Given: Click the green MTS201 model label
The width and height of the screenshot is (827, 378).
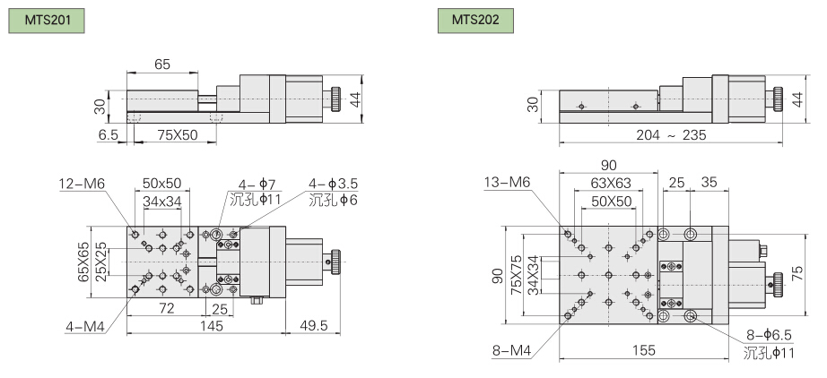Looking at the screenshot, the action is [47, 21].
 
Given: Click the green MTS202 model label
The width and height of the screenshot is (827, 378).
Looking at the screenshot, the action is [475, 21].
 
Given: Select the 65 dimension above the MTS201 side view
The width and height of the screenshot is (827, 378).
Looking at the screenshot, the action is [162, 64].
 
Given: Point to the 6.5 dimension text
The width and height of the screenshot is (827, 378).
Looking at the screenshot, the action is [109, 135].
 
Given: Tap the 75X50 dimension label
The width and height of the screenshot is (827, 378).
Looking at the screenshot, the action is [175, 135].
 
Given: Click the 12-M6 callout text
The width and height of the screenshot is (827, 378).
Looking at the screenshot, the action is [83, 184].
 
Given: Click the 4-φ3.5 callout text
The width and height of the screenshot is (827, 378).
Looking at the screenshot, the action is [334, 184].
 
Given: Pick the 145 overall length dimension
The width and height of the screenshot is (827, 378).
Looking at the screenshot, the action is [212, 326].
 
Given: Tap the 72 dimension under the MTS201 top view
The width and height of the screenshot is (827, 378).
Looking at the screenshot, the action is [167, 308].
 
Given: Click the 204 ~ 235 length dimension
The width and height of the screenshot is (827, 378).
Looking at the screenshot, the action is [671, 135].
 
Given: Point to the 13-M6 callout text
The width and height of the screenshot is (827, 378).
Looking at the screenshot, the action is [508, 182].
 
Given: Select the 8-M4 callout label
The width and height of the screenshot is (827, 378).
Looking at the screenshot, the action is [511, 350].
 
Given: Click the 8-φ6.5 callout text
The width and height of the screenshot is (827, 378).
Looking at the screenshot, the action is [769, 335].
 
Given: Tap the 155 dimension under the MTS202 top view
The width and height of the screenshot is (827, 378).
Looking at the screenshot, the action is [643, 350].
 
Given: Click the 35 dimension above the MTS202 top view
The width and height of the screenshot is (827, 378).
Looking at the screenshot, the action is [709, 183].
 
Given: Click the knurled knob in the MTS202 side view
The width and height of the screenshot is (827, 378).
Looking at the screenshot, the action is [779, 99].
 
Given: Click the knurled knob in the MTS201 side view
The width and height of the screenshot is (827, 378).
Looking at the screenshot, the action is [335, 99].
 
